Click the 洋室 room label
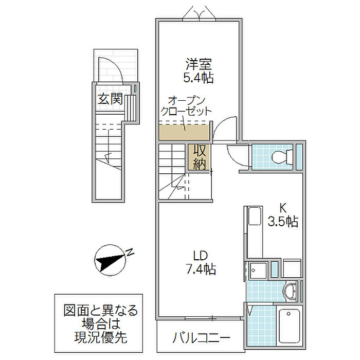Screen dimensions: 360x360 click(x=199, y=65)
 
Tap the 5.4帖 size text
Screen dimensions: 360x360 click(x=199, y=78)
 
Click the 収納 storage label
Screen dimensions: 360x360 click(x=200, y=157)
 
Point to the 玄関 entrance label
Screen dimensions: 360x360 click(x=110, y=98)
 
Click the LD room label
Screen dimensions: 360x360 click(x=200, y=256)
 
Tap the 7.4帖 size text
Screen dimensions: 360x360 click(x=200, y=268)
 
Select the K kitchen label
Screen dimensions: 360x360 click(x=282, y=209)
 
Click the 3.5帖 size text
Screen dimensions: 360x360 click(x=282, y=222)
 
